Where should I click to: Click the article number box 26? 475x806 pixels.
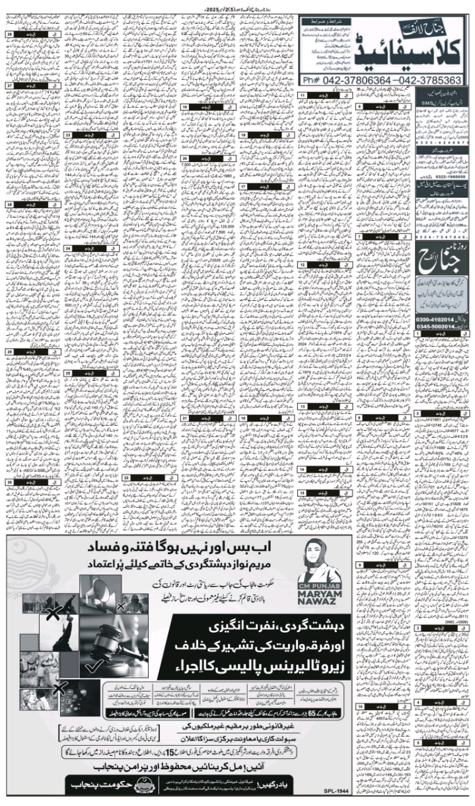10,34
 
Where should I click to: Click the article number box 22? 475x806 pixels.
124,477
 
